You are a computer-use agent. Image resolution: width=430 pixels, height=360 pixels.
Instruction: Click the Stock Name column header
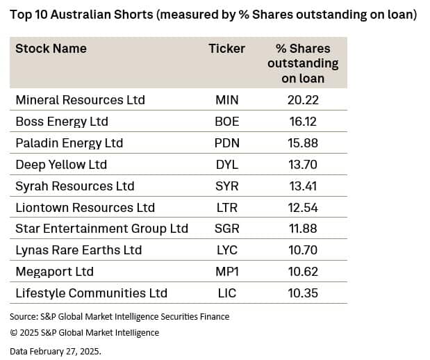tap(51, 49)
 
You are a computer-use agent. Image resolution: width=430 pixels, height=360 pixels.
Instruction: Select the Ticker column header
tap(226, 49)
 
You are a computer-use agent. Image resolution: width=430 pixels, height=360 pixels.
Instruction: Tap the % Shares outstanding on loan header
tap(303, 63)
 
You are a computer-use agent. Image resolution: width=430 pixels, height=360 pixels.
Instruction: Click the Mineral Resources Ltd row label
tap(80, 100)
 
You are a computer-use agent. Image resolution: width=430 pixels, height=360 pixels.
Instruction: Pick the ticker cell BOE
tap(226, 122)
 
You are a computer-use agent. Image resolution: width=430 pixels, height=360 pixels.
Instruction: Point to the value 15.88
tap(303, 143)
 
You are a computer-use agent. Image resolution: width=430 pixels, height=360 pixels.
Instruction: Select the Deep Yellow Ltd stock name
tap(62, 165)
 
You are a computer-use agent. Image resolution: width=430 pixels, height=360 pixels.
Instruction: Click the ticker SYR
tap(226, 186)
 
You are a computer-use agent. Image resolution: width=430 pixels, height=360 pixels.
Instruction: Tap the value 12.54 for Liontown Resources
tap(303, 208)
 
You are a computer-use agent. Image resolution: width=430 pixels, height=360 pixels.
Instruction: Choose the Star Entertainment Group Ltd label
tap(101, 229)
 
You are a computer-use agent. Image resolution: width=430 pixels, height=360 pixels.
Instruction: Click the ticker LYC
tap(226, 250)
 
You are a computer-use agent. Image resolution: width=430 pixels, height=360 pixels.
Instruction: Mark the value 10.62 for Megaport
tap(303, 272)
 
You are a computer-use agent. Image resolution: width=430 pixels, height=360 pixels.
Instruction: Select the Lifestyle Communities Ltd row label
tap(91, 293)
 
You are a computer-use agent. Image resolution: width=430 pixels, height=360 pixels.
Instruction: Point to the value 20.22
tap(303, 100)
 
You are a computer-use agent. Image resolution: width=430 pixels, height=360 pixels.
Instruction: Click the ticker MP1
tap(226, 272)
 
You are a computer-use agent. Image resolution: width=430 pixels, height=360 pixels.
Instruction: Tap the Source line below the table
tap(119, 317)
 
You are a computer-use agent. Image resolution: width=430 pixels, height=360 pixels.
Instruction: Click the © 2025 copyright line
tap(84, 333)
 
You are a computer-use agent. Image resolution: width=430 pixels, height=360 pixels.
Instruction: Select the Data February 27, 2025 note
tap(56, 351)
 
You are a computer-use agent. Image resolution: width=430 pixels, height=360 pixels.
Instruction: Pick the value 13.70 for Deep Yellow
tap(303, 165)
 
